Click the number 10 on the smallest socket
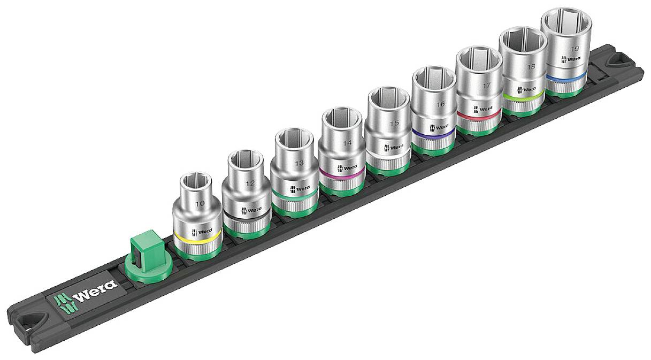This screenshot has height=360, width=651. tap(200, 204)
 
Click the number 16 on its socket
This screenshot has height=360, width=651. tap(441, 104)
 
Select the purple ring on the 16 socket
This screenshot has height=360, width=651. tap(433, 133)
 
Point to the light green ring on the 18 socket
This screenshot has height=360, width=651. tap(522, 96)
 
